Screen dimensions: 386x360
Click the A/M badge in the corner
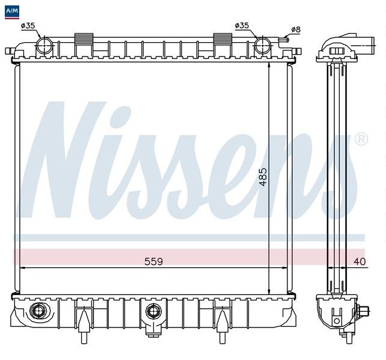tap(12, 12)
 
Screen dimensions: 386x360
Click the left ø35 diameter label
tap(28, 26)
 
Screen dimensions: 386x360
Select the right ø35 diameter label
tap(242, 25)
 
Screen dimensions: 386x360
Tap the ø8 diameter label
tap(296, 30)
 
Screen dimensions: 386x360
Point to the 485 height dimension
tap(263, 177)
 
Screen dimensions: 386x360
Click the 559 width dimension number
tap(153, 261)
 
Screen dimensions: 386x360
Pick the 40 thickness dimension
tap(360, 261)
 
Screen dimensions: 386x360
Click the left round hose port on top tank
tap(44, 46)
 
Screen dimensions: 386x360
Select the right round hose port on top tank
tap(262, 46)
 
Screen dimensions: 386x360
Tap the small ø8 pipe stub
tap(284, 39)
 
